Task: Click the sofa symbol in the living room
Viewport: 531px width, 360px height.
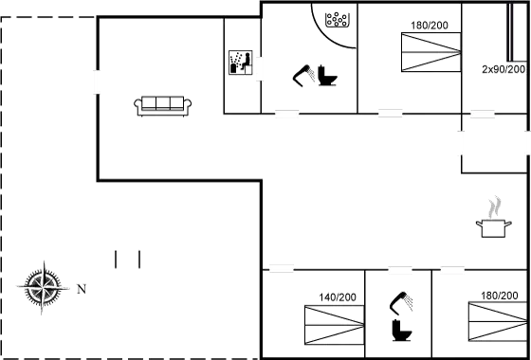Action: pos(165,105)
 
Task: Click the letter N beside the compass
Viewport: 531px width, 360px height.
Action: pos(81,288)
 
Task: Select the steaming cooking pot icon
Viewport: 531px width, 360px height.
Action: pos(492,220)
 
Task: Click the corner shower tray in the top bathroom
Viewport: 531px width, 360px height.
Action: pos(337,24)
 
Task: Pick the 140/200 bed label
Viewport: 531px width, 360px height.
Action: pos(339,297)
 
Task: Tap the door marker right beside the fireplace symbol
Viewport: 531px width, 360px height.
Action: pos(259,71)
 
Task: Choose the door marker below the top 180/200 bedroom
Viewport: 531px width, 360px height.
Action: pos(390,114)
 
